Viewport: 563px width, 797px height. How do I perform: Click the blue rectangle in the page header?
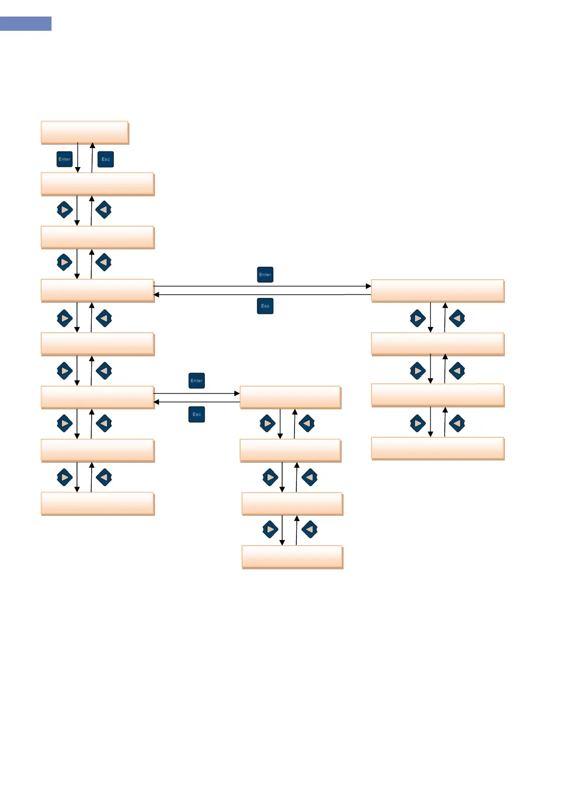(26, 24)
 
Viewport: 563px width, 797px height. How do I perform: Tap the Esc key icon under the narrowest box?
(105, 159)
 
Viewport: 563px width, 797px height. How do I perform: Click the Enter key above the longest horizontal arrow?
(265, 275)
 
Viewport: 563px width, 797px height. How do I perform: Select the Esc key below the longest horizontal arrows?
(265, 306)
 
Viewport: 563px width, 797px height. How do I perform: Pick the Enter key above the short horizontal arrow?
(197, 381)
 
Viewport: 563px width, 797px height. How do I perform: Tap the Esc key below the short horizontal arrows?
(197, 414)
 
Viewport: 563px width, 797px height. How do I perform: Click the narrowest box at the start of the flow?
(85, 133)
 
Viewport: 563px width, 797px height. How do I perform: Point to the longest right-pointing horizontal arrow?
(262, 286)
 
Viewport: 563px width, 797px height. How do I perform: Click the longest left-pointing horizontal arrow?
(262, 295)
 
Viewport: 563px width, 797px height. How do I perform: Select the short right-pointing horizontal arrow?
(197, 393)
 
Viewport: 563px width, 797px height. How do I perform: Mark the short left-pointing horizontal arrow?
(197, 402)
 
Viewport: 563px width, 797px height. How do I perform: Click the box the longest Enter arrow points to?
(438, 291)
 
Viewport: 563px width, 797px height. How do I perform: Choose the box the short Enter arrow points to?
(290, 397)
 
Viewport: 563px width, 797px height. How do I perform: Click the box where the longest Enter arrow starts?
(97, 291)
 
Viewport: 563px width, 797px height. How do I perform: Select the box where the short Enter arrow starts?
(97, 397)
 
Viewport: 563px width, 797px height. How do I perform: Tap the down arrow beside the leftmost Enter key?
(78, 158)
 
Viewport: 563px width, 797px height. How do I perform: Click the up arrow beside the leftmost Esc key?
(92, 158)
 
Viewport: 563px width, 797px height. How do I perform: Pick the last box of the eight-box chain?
(97, 504)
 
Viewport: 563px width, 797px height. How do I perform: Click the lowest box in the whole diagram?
(292, 557)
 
